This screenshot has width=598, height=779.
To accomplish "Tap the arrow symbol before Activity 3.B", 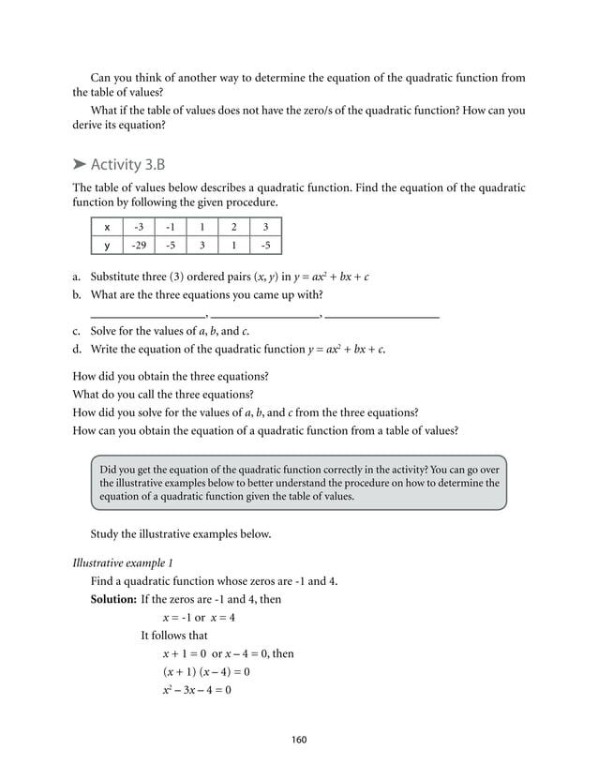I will tap(81, 166).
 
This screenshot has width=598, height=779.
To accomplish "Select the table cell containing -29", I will tap(139, 246).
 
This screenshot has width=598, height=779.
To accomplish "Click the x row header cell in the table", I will tap(107, 228).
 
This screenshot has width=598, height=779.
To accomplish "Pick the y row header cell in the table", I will tap(107, 246).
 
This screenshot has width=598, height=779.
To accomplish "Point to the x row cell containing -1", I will tap(170, 228).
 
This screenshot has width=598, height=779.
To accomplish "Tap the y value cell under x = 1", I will tap(202, 246).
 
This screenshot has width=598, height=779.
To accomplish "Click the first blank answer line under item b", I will tap(147, 316).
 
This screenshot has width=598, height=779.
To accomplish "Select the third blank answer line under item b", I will tap(382, 316).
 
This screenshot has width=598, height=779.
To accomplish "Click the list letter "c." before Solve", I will tap(78, 332).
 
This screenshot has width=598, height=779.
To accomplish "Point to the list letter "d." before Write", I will tap(78, 350).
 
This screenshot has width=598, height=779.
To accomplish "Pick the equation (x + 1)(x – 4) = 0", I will tap(205, 672).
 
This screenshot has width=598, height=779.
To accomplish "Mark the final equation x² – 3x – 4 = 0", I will tap(196, 691).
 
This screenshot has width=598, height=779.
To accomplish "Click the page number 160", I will tap(299, 740).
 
